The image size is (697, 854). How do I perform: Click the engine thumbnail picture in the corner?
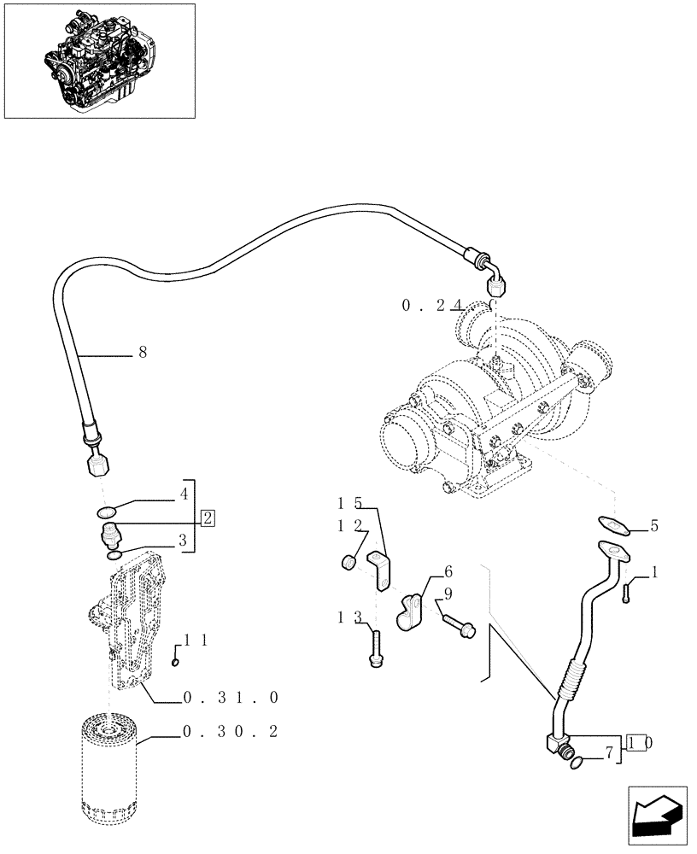pos(99,61)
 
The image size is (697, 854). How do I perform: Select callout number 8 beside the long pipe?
pos(142,351)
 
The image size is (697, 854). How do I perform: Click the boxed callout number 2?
pos(208,518)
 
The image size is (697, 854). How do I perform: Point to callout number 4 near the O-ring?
pos(183,494)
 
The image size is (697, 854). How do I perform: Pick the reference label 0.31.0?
pos(231,698)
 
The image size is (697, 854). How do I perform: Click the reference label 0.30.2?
pos(230,732)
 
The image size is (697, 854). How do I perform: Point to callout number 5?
pos(653,526)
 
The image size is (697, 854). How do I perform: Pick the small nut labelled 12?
pos(349,562)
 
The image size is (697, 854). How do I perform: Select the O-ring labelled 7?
pos(577,763)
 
